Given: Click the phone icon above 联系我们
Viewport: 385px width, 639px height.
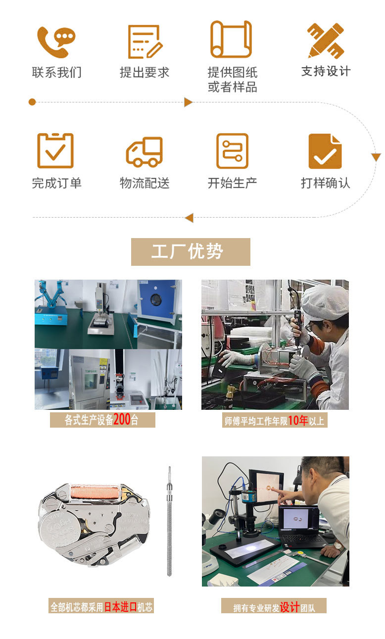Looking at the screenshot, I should (56, 42).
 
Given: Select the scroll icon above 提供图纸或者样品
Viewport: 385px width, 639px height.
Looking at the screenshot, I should (231, 39).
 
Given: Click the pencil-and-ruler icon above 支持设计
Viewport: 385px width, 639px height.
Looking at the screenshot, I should (325, 40).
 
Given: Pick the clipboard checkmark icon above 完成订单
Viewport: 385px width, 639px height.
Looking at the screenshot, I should (55, 150).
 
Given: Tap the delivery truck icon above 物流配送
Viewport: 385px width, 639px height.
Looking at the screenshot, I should (144, 151).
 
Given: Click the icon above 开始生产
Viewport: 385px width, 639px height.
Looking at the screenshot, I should (232, 150).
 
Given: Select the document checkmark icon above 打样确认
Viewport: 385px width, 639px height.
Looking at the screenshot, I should (325, 151).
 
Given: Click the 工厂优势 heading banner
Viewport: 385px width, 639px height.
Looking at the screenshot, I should (191, 251).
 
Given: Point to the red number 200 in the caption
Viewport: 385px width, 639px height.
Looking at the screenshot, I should (122, 420).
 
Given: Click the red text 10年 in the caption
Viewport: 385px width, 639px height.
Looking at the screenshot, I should (298, 421).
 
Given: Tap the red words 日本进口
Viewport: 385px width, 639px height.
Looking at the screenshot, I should (120, 606).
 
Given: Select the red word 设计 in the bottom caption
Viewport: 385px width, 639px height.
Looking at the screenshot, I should (289, 607).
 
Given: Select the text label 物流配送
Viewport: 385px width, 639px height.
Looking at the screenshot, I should (144, 183).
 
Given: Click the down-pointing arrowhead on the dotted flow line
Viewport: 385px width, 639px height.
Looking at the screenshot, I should (376, 157).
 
